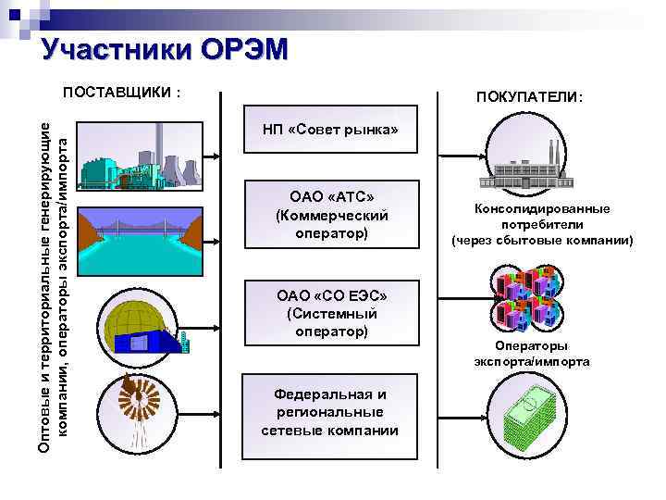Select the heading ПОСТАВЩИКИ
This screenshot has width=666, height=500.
tap(120, 93)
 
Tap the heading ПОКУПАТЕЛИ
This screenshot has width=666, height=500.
tap(529, 97)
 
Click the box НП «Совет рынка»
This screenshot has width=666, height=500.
tap(329, 131)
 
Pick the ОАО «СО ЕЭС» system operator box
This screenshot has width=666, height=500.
tap(329, 313)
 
